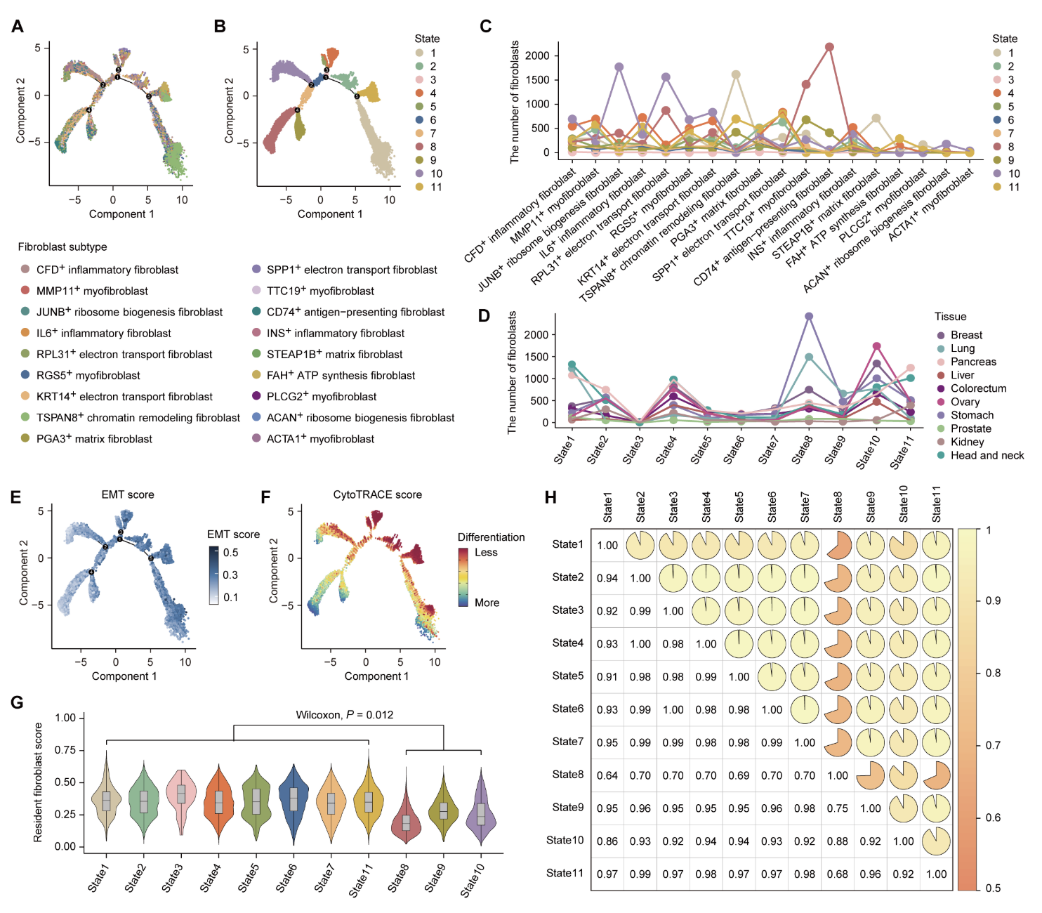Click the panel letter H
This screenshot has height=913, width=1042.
(550, 497)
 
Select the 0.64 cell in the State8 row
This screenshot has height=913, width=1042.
(607, 775)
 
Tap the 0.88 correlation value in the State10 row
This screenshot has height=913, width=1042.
(837, 841)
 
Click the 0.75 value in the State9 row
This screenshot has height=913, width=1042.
(837, 808)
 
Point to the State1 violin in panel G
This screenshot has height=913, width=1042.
(107, 800)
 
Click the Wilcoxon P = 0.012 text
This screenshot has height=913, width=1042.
(344, 715)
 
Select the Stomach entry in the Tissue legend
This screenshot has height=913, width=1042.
(972, 415)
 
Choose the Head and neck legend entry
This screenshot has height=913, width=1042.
(987, 455)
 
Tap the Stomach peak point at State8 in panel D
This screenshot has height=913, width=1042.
(809, 317)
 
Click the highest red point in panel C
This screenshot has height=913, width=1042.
(829, 47)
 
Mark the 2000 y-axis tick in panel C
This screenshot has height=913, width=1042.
(537, 55)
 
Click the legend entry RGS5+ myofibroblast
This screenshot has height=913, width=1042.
(88, 376)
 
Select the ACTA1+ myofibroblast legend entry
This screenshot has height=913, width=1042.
(320, 439)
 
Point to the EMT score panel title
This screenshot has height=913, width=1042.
(128, 494)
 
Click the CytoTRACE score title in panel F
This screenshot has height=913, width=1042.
(378, 494)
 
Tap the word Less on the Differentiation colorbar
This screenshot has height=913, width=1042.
(486, 553)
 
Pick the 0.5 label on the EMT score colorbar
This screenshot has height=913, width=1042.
(231, 553)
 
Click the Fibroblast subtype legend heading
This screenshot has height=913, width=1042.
(62, 247)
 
